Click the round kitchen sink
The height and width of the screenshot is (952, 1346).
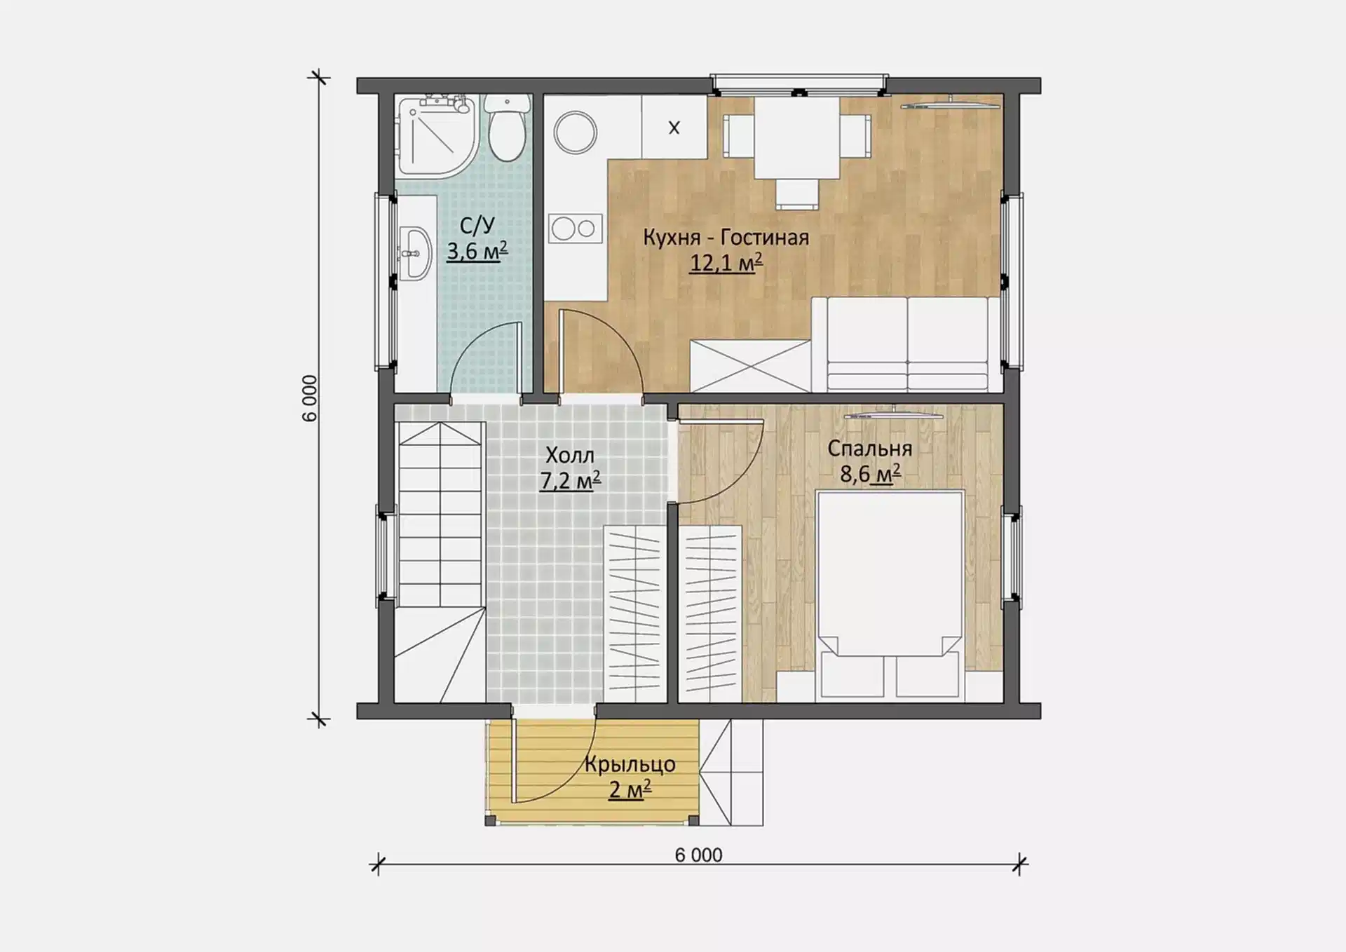[575, 132]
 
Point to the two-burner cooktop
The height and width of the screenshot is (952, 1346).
[575, 228]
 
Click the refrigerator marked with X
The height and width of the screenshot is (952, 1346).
[674, 127]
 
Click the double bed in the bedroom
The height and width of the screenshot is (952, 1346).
[890, 594]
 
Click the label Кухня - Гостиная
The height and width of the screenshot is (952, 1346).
[726, 238]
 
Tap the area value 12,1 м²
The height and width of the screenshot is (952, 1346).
[726, 263]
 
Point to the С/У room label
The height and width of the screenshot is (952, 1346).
[477, 225]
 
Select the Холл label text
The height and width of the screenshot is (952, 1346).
[570, 456]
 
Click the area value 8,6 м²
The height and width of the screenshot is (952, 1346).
[870, 475]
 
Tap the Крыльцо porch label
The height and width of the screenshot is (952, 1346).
[630, 764]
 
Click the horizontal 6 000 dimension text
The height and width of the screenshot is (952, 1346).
[698, 855]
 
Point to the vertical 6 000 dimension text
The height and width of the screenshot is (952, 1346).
[310, 398]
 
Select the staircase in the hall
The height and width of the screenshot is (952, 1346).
[440, 562]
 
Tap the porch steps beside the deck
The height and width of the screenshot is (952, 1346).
[731, 772]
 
